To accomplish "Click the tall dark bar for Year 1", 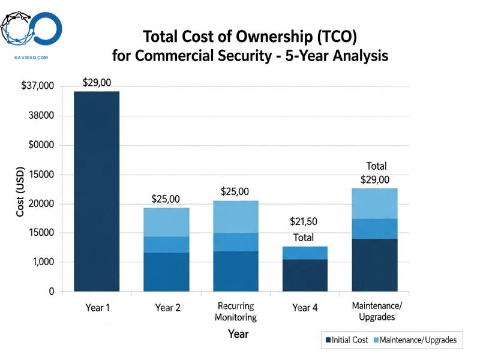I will click(x=97, y=191).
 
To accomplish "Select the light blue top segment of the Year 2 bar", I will click(x=166, y=222).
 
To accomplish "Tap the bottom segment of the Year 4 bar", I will click(x=305, y=275).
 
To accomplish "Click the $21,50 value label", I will click(x=304, y=222).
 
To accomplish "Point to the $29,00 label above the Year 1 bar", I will click(x=97, y=83).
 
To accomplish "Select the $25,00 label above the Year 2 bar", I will click(x=166, y=199).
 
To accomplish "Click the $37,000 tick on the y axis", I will click(x=37, y=86).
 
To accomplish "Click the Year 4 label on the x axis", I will click(x=305, y=308).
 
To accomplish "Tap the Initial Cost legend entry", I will click(x=346, y=340).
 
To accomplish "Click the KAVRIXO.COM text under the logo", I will click(x=30, y=58).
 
